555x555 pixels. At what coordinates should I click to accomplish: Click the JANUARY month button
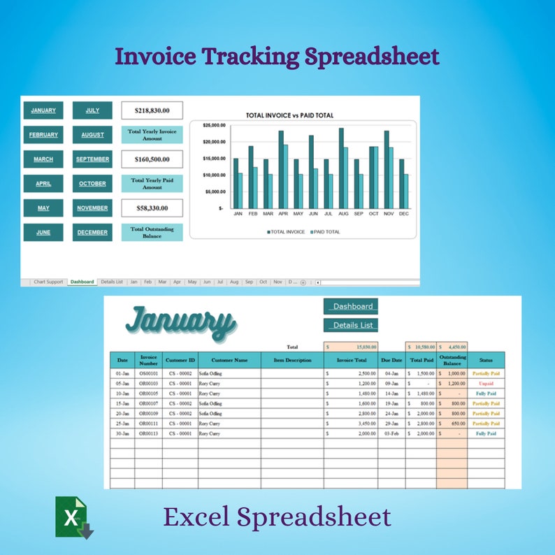tap(43, 110)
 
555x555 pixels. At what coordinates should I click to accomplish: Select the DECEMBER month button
tap(92, 233)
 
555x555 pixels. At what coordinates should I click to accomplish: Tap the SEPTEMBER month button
tap(92, 159)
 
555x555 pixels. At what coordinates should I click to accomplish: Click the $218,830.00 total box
tap(152, 110)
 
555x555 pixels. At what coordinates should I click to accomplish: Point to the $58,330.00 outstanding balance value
tap(152, 208)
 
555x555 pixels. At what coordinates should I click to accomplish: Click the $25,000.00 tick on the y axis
tap(213, 125)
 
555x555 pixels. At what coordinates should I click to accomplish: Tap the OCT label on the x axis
tap(374, 214)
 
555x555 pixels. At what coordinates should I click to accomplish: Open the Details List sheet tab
tap(112, 282)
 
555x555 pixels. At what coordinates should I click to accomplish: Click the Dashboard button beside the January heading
tap(351, 306)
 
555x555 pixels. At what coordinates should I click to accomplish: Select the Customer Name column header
tap(230, 361)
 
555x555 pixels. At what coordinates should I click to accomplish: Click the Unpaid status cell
tap(486, 384)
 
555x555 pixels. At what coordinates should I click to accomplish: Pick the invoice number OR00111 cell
tap(148, 424)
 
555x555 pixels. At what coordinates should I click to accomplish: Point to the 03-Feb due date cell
tap(392, 433)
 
